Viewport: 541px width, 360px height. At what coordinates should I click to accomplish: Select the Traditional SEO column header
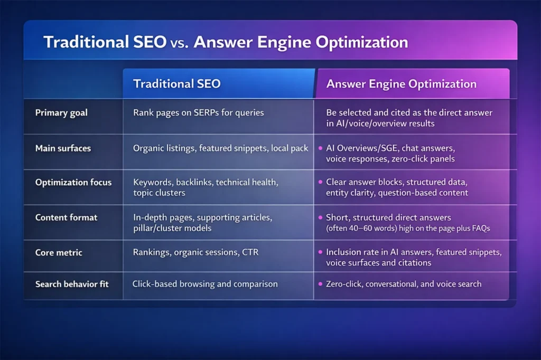coord(176,83)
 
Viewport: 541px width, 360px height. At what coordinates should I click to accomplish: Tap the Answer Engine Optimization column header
coord(401,83)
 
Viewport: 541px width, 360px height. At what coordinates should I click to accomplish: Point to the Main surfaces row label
coord(63,148)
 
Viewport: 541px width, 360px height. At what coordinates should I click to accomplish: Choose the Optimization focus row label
coord(73,182)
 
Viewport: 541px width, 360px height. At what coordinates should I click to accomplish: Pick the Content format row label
coord(67,217)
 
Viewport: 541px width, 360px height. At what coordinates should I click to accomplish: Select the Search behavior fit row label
coord(72,284)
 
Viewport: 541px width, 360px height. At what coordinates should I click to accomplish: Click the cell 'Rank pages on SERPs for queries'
coord(198,112)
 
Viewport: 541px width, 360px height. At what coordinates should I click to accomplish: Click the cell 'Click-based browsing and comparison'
coord(205,284)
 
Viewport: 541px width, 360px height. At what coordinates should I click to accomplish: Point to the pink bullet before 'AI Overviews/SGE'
coord(320,148)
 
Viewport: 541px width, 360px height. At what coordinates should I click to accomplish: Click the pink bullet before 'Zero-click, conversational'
coord(320,284)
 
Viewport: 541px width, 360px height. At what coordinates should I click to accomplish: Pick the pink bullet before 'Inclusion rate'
coord(320,252)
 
